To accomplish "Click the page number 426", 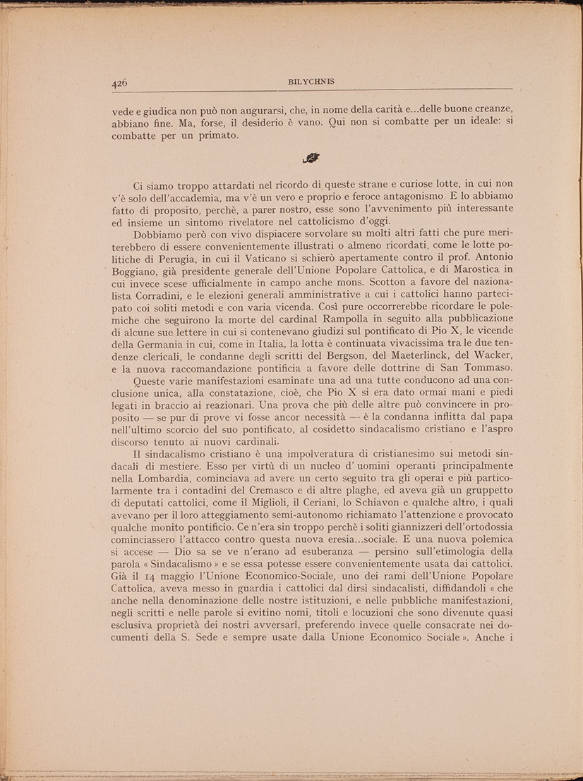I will (x=119, y=83).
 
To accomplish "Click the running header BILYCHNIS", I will (x=311, y=82).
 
